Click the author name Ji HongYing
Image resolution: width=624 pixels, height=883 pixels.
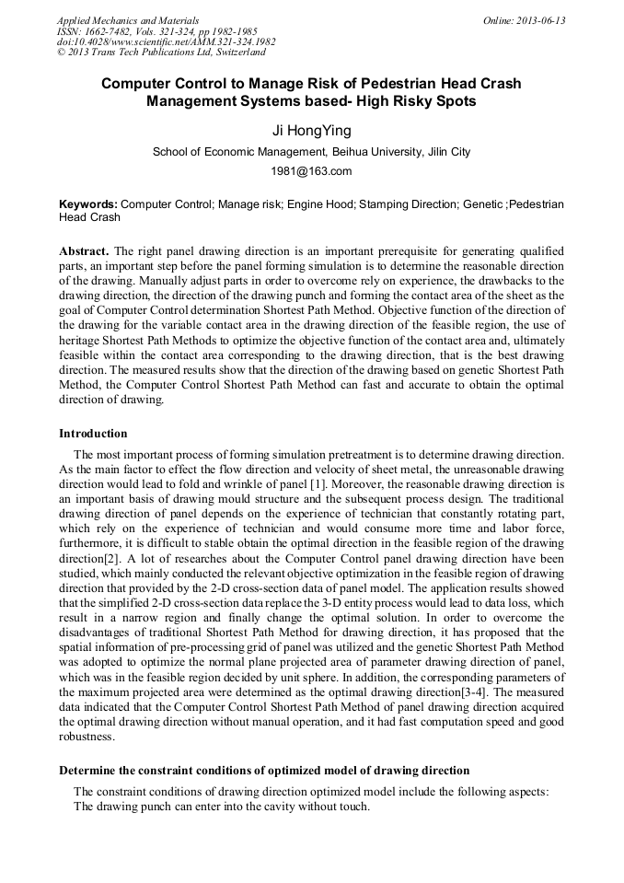coord(311,132)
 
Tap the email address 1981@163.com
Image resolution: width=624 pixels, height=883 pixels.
coord(311,171)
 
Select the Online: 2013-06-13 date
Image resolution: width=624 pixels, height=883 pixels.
coord(524,20)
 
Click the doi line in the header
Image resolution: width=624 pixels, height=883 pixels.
coord(166,41)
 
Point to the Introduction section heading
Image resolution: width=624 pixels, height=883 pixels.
coord(93,434)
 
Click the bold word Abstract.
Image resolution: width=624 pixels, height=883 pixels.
coord(84,251)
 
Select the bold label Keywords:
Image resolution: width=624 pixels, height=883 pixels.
coord(88,203)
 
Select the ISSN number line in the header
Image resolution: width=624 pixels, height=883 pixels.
coord(156,31)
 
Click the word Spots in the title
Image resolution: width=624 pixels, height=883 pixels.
coord(455,101)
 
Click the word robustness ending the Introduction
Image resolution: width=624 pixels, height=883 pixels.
coord(87,737)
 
